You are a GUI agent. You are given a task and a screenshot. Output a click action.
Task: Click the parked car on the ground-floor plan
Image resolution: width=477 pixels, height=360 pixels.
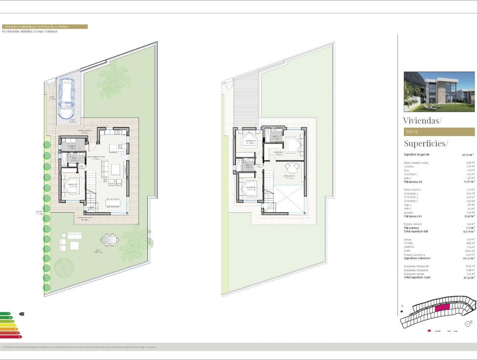(67, 98)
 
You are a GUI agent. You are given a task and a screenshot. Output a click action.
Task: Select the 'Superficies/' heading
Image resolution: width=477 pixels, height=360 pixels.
(426, 143)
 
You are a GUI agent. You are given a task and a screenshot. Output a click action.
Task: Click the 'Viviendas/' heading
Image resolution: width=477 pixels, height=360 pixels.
(422, 121)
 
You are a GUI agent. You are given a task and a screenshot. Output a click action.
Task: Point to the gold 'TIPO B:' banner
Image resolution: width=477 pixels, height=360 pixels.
(439, 132)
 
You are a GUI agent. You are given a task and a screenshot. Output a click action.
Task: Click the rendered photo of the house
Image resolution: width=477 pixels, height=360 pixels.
(439, 92)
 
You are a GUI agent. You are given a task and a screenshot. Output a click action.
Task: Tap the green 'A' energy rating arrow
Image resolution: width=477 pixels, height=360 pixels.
(5, 313)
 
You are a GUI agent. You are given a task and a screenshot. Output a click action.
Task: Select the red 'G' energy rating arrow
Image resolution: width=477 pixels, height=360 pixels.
(11, 337)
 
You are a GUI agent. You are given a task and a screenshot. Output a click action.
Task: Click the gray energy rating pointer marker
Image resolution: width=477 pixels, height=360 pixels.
(22, 314)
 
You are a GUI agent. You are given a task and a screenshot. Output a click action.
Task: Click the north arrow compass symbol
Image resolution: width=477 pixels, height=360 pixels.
(469, 324)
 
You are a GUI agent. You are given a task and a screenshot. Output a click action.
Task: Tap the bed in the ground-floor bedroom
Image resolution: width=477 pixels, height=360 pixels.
(71, 185)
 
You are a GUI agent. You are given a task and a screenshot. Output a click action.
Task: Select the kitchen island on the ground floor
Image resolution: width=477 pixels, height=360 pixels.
(114, 148)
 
